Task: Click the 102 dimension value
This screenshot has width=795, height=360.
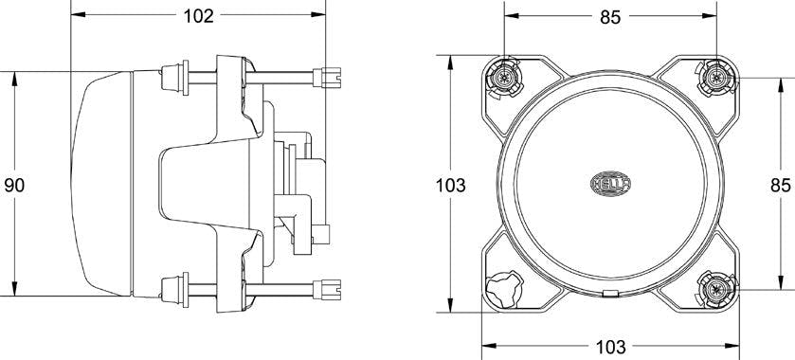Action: click(x=198, y=16)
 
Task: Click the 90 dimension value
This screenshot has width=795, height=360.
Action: click(x=14, y=186)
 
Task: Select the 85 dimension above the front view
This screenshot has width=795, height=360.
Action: click(x=610, y=17)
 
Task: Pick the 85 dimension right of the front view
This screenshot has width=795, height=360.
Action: click(x=781, y=186)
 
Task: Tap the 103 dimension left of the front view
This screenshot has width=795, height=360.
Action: click(x=451, y=186)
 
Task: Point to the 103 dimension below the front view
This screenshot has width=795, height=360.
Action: click(x=611, y=348)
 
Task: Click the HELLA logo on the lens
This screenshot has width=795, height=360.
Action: click(x=610, y=184)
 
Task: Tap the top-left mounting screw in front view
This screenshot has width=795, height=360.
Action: click(x=503, y=78)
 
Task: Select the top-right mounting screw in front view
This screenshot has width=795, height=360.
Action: click(x=716, y=78)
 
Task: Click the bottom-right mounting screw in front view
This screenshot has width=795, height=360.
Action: click(x=716, y=290)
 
